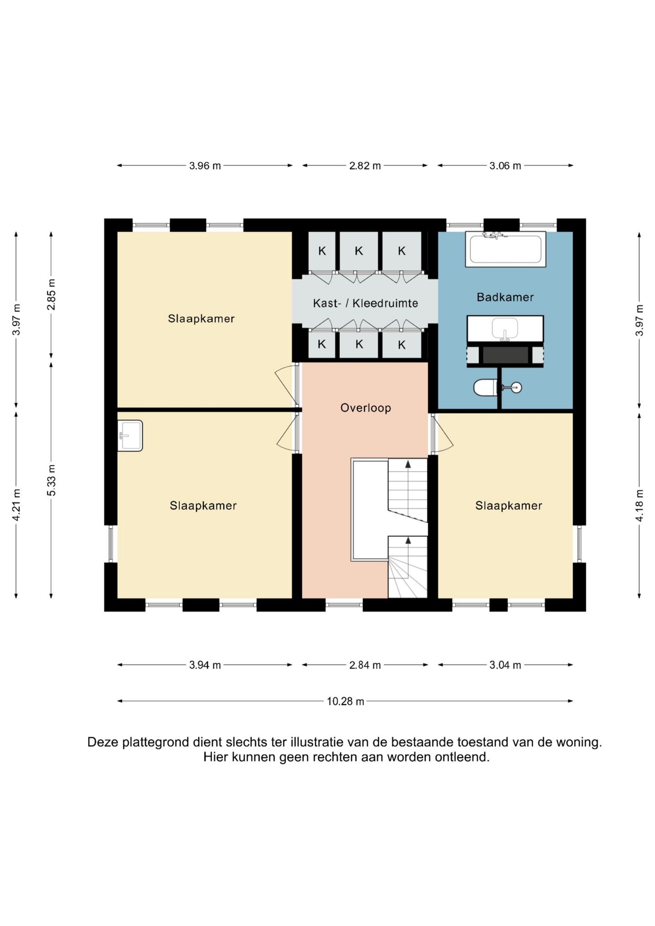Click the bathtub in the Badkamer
[505, 249]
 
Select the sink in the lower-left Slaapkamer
[130, 435]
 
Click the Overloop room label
[366, 408]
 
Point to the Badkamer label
[505, 297]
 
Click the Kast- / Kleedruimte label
[365, 303]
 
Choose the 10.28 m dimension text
[345, 701]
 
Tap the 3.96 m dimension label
[205, 166]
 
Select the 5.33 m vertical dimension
[51, 480]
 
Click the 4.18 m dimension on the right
[640, 505]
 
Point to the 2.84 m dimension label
[365, 665]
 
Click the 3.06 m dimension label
[505, 166]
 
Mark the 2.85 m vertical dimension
[51, 295]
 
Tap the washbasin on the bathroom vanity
[505, 328]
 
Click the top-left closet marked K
[322, 251]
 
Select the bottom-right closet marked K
[402, 345]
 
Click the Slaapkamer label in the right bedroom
[509, 505]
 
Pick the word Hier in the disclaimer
[215, 757]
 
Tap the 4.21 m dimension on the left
[16, 505]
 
